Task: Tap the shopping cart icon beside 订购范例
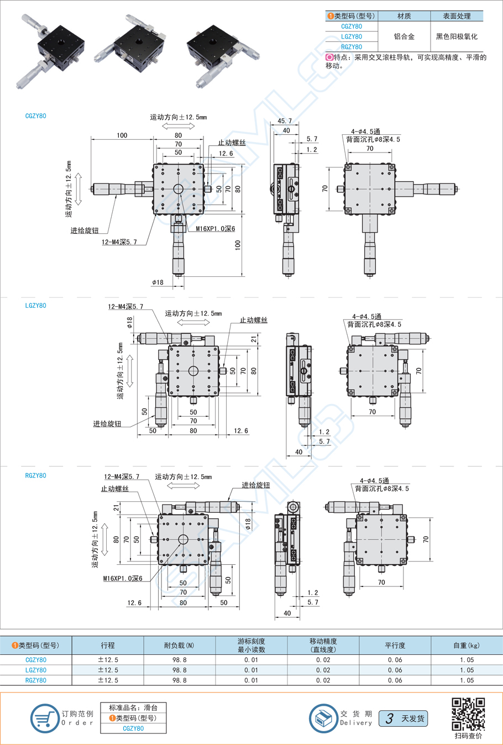coord(44,718)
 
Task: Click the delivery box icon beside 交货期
coord(323,718)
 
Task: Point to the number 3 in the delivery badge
coord(390,718)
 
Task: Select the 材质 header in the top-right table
coord(404,16)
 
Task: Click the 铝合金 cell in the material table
coord(404,36)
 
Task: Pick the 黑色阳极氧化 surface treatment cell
coord(457,36)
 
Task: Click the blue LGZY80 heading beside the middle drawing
coord(36,306)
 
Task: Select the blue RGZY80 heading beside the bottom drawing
coord(36,475)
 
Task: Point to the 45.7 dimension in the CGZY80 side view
coord(285,120)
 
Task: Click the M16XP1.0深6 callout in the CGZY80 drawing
coord(215,229)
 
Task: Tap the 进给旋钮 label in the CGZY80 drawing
coord(84,230)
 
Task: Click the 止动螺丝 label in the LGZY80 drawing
coord(253,320)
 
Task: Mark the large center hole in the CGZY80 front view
coord(178,189)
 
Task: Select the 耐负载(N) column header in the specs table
coord(179,645)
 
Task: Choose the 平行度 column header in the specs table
coord(395,645)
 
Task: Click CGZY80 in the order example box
coord(133,728)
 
